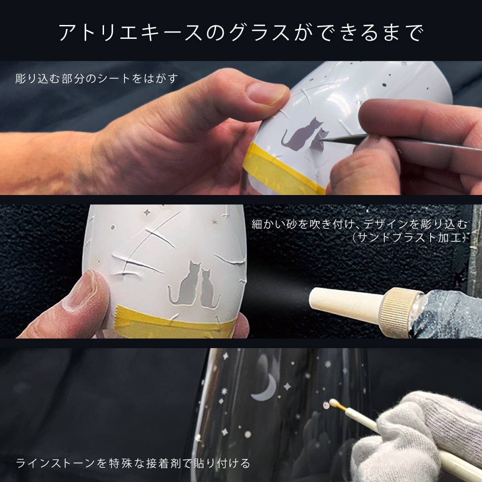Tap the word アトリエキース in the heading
(x=130, y=32)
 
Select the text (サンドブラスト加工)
(x=409, y=237)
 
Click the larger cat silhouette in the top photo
(x=301, y=135)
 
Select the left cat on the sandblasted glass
(x=186, y=284)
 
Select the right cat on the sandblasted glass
(x=209, y=289)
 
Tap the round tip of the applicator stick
(x=332, y=402)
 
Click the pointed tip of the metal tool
(x=320, y=140)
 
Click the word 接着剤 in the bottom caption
(x=163, y=463)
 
